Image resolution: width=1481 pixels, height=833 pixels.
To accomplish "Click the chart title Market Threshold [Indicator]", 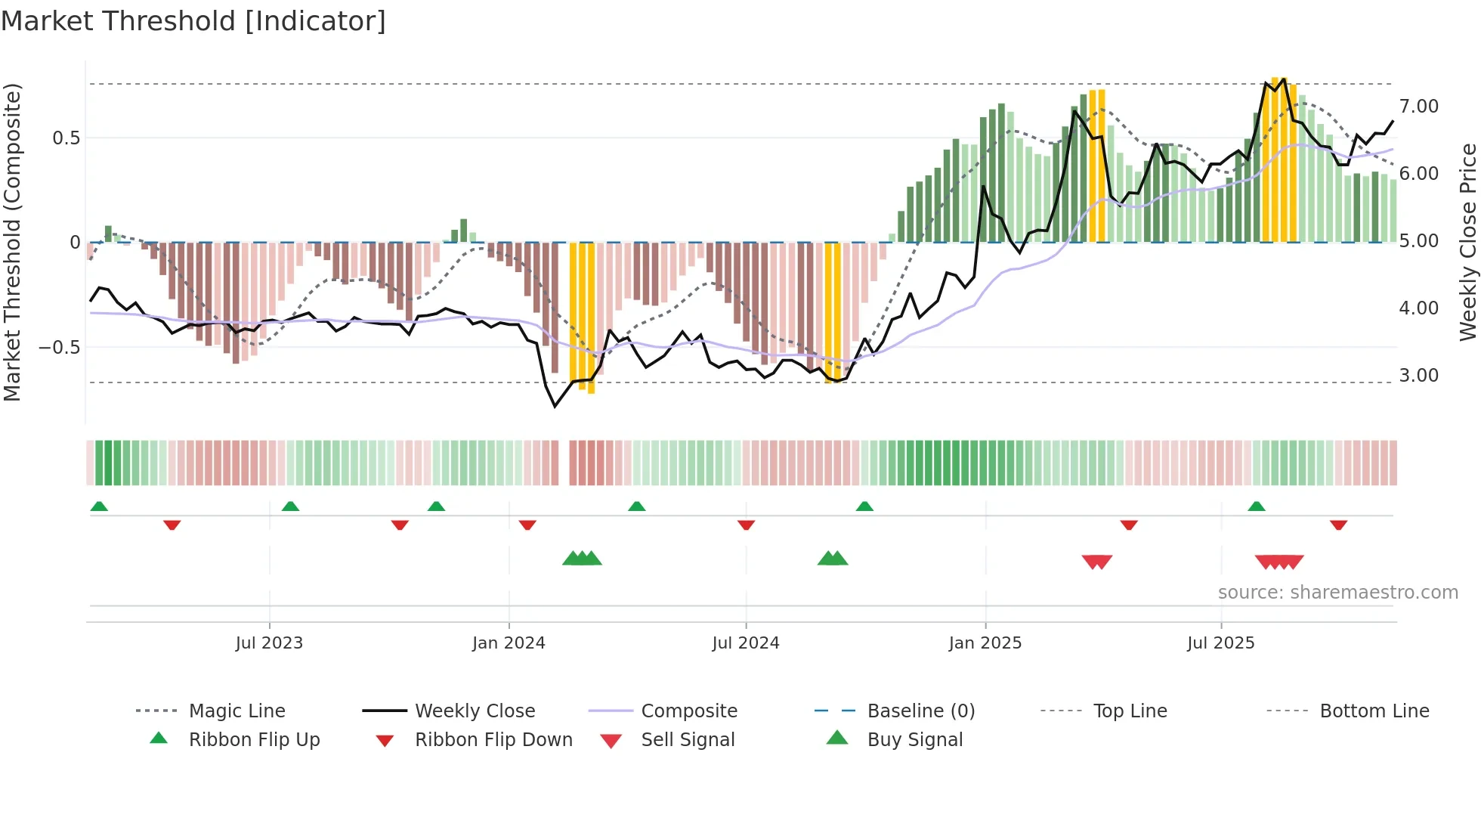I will click(193, 21).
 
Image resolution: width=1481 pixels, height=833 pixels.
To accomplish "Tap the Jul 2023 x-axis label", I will click(269, 643).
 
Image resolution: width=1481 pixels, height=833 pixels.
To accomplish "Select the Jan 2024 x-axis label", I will click(509, 643).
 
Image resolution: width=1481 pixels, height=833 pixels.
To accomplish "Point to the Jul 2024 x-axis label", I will click(746, 643).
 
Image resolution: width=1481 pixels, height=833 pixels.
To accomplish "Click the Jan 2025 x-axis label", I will click(985, 643).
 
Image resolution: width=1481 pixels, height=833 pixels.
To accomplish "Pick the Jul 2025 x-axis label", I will click(1221, 643).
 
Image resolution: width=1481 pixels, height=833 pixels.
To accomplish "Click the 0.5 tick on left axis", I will click(66, 138).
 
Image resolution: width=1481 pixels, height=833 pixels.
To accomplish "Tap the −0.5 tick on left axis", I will click(60, 348).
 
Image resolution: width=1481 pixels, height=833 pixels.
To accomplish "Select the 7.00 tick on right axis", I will click(1418, 107).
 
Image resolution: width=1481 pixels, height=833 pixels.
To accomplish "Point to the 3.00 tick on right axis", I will click(1418, 376).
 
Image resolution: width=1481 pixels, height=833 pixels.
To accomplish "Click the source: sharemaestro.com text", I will click(1337, 593).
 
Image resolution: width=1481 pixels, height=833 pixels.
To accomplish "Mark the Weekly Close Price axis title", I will click(1467, 242).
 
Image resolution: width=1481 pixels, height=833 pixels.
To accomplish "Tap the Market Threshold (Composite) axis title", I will click(12, 242).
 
